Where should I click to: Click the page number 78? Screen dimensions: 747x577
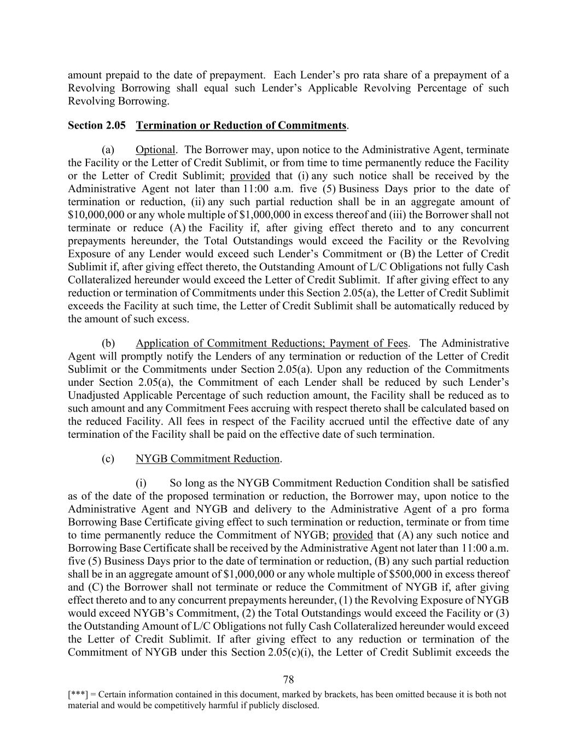[x=288, y=680]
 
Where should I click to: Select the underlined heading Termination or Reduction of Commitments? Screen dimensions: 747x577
[x=241, y=125]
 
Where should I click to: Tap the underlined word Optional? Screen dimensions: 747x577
[x=155, y=150]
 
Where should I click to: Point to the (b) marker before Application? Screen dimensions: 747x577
[x=108, y=343]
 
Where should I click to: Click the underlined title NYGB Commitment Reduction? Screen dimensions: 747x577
[x=208, y=459]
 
